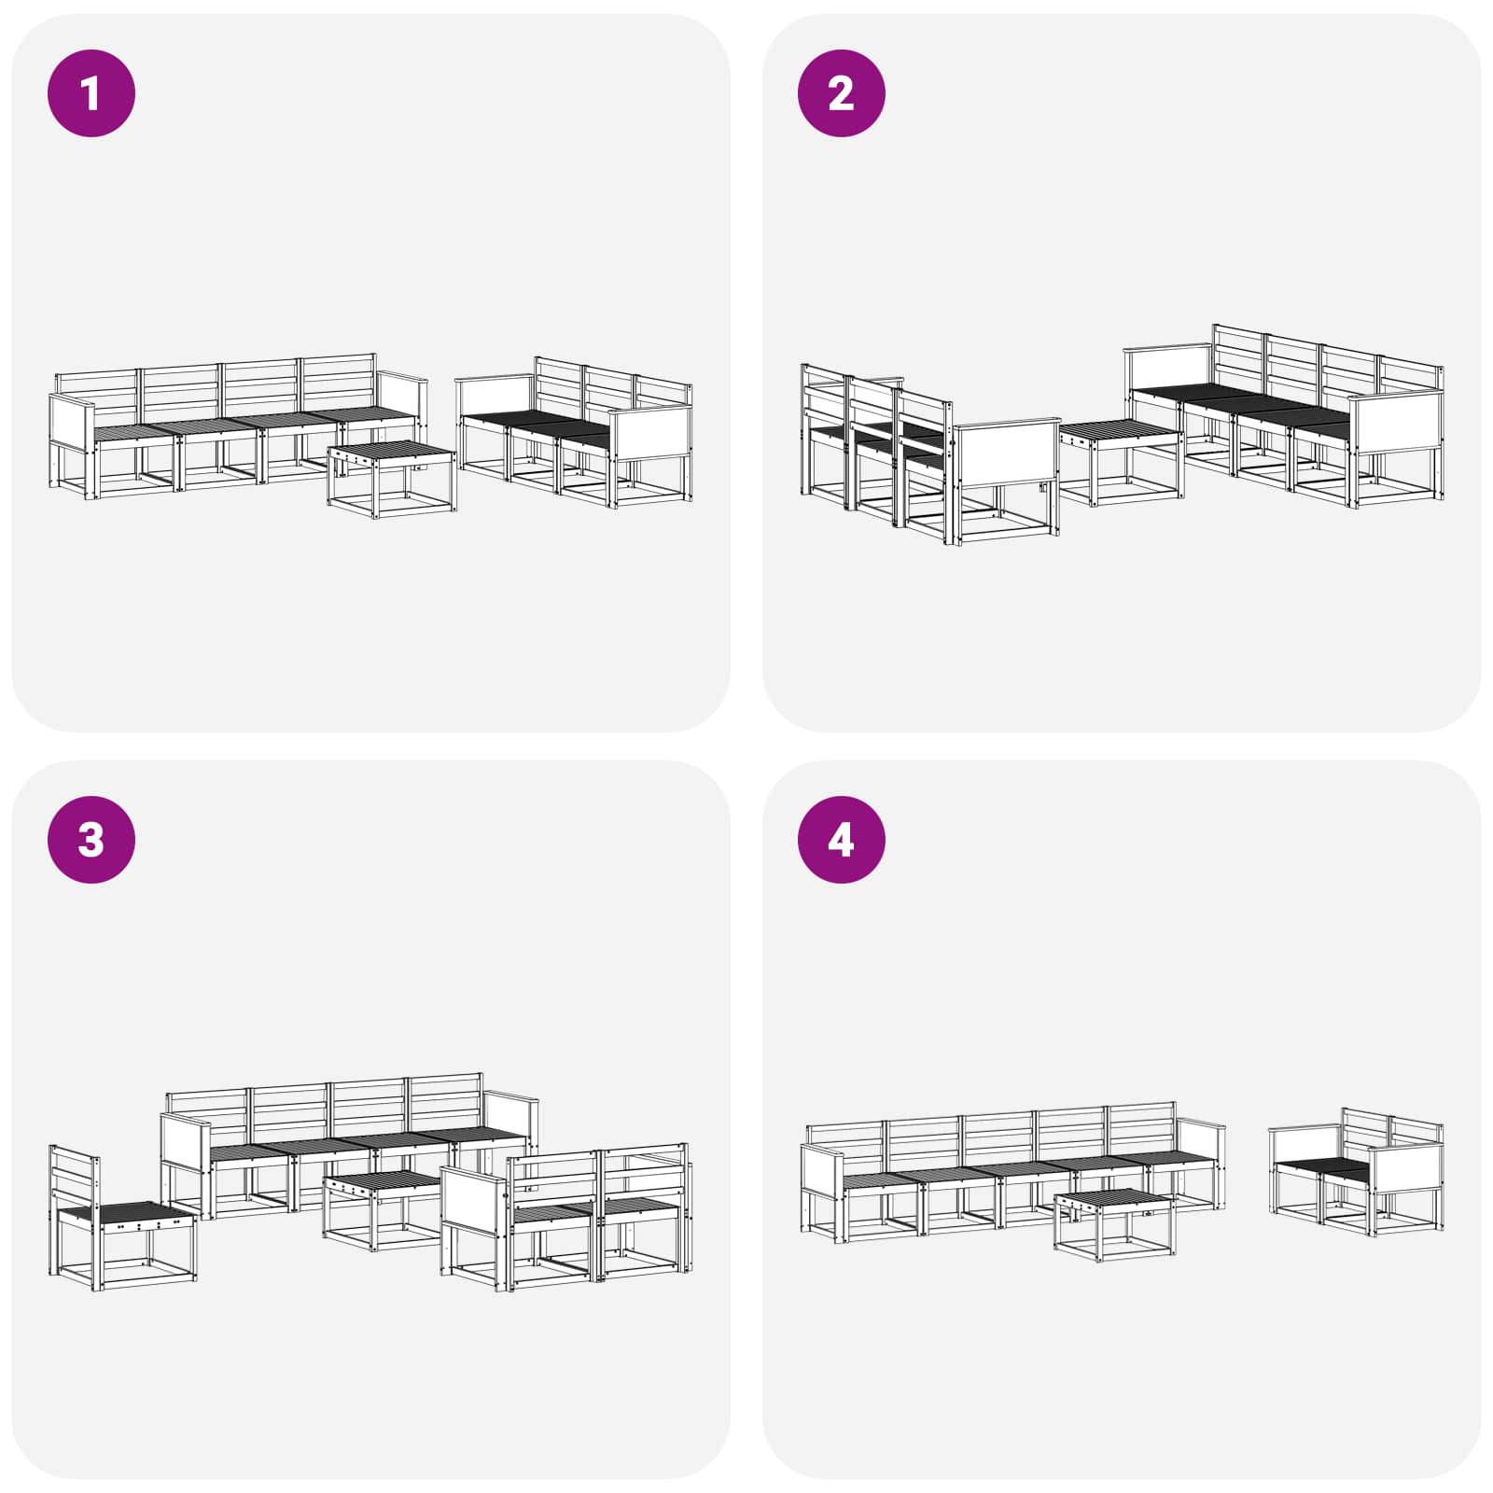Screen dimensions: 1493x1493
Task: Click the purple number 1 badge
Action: coord(91,93)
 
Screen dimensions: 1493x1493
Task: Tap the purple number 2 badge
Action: coord(841,93)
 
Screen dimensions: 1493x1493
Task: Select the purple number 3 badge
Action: coord(91,840)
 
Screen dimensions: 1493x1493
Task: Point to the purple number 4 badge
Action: coord(841,840)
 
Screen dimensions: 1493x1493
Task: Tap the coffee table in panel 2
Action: coord(1122,463)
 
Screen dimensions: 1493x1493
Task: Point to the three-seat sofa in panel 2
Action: coord(930,454)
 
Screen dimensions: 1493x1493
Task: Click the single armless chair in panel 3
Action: coord(122,1218)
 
